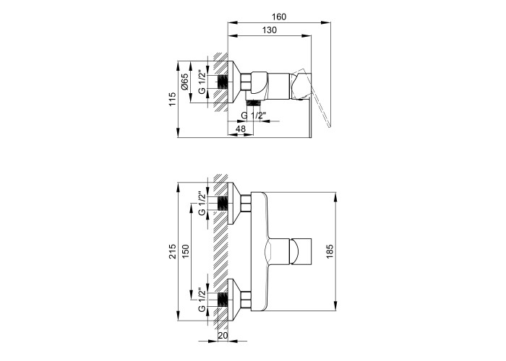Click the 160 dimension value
pos(279,17)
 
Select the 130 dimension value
pos(270,30)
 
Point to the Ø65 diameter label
pos(184,82)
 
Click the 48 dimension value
pos(241,129)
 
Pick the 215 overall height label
pos(173,251)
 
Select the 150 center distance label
pos(185,251)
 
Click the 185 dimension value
pos(330,252)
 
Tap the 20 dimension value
pos(223,336)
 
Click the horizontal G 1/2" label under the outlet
pos(253,116)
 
